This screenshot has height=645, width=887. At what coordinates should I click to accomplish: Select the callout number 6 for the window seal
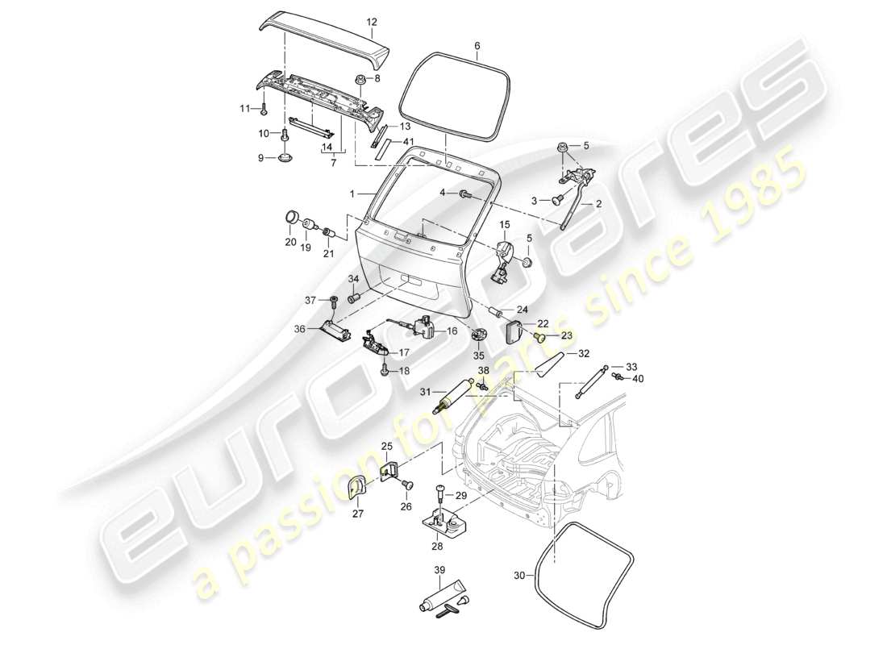click(477, 46)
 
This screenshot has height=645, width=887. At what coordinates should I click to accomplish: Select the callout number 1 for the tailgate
click(352, 194)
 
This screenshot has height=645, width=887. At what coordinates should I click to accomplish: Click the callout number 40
click(638, 378)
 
